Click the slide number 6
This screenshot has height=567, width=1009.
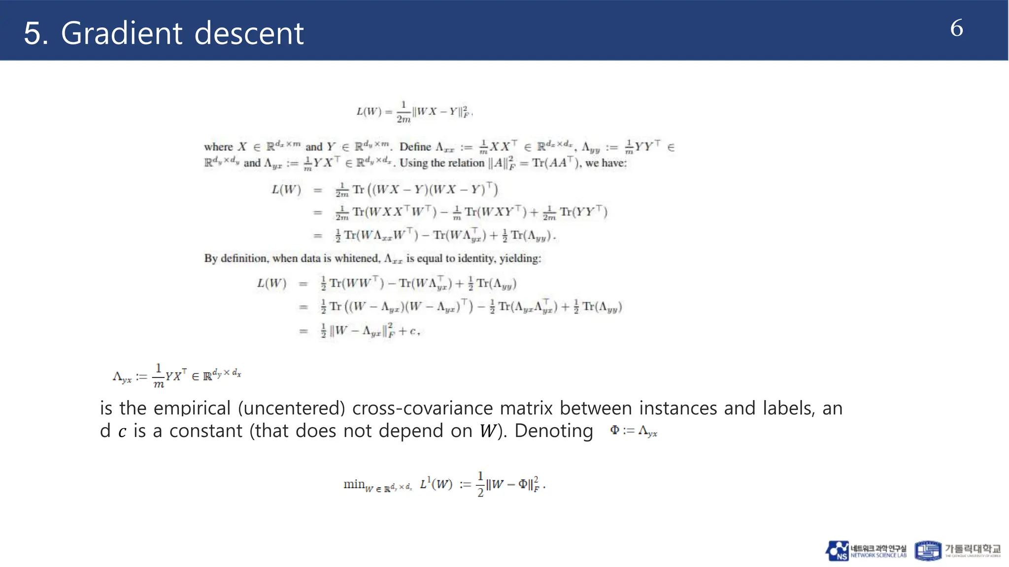pyautogui.click(x=956, y=28)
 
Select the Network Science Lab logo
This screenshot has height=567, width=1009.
pyautogui.click(x=866, y=551)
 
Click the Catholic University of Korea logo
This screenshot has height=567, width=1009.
pyautogui.click(x=957, y=551)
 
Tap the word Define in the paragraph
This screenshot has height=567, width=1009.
pyautogui.click(x=415, y=147)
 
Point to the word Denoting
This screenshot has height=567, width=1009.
pyautogui.click(x=553, y=431)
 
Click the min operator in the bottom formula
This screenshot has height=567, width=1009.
pyautogui.click(x=354, y=484)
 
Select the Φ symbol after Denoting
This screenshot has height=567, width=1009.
pyautogui.click(x=614, y=430)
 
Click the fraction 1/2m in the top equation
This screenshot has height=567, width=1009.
pyautogui.click(x=403, y=112)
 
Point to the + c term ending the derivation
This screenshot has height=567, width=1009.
pyautogui.click(x=409, y=331)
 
